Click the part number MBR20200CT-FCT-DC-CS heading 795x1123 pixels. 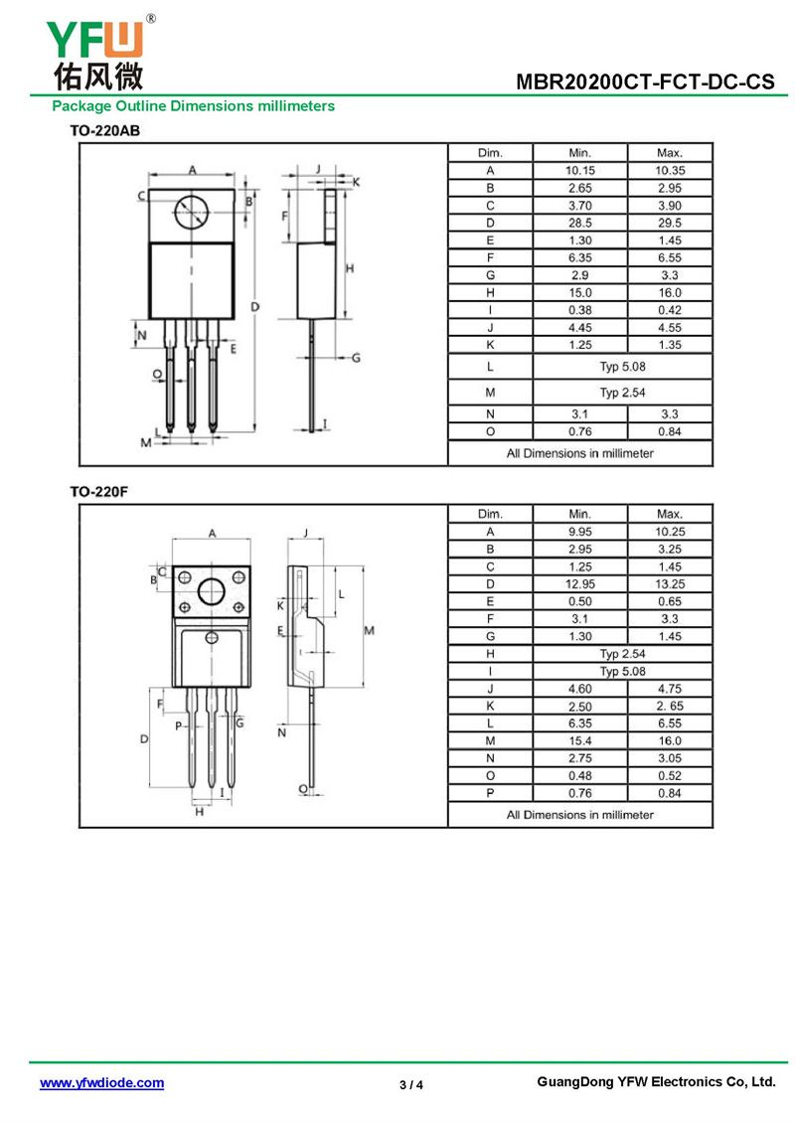[645, 82]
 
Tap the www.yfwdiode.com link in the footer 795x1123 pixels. [101, 1083]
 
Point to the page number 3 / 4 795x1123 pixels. [411, 1084]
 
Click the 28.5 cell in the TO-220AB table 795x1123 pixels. [579, 223]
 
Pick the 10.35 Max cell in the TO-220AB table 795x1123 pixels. [669, 171]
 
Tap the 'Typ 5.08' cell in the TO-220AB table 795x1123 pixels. [622, 366]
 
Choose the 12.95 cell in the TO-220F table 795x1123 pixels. [579, 584]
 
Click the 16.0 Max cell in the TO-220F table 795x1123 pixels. [669, 740]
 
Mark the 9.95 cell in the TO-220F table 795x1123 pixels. [579, 532]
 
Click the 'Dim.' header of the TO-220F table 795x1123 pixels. [490, 514]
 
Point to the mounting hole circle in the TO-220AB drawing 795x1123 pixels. [191, 211]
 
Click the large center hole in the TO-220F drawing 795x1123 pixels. [212, 593]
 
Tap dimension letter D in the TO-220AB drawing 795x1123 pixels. [254, 307]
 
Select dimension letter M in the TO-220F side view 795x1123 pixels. [368, 630]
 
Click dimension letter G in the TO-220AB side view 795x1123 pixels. [355, 357]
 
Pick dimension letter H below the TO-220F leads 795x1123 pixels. [199, 812]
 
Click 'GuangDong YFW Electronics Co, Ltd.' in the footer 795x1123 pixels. [655, 1082]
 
